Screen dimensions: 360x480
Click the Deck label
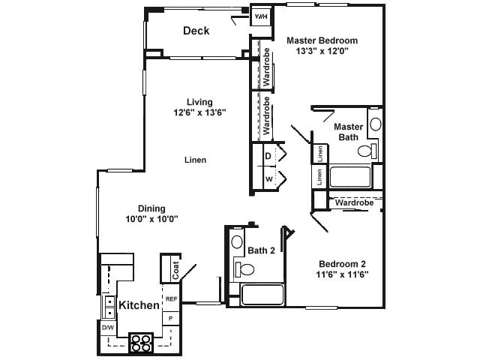point(196,31)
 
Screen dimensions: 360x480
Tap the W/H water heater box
point(260,16)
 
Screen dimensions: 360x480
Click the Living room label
point(199,102)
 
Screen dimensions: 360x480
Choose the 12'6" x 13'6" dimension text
point(199,113)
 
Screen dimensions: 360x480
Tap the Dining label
point(151,208)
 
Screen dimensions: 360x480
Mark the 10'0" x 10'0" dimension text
point(151,220)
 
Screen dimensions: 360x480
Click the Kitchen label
point(139,305)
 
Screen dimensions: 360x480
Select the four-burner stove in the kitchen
point(141,342)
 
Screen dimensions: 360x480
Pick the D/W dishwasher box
point(107,328)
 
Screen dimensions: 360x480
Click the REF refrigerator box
point(172,299)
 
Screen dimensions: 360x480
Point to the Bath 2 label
point(262,250)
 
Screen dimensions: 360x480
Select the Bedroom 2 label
point(343,263)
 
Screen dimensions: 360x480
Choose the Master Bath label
point(348,131)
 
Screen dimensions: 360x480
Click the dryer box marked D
point(268,155)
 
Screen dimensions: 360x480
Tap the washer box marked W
point(268,179)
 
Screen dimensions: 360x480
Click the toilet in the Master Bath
point(365,151)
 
